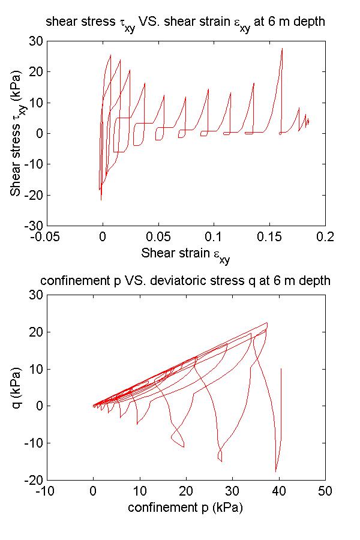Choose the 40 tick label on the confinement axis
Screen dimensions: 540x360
pyautogui.click(x=279, y=491)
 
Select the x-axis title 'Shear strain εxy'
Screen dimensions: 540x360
pyautogui.click(x=185, y=254)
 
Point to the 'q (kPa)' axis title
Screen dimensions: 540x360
pyautogui.click(x=14, y=387)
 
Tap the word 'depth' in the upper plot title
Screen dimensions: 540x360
pyautogui.click(x=310, y=22)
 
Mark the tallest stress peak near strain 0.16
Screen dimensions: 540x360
pyautogui.click(x=282, y=49)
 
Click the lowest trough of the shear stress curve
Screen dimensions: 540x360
pyautogui.click(x=101, y=200)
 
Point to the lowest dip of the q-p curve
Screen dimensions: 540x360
pyautogui.click(x=276, y=472)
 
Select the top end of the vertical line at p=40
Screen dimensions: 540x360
pyautogui.click(x=281, y=368)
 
